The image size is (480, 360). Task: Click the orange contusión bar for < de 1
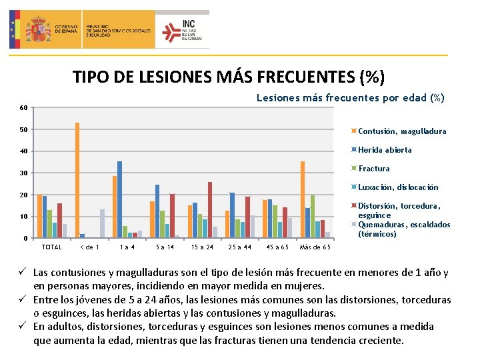point(77,180)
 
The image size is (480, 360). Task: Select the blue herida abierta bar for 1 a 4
point(119,199)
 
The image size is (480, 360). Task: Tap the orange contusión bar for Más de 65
point(302,199)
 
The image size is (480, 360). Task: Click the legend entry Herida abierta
point(385,150)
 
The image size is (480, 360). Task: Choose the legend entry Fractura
point(374,169)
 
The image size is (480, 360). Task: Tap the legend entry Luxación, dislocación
point(398,187)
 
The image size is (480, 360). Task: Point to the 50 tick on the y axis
point(23,129)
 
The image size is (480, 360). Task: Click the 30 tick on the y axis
point(23,173)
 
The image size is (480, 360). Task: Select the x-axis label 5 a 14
point(165,247)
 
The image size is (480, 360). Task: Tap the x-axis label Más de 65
point(315,247)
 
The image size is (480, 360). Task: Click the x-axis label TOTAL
point(51,247)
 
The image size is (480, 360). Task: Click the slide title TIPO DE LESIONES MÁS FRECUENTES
point(229,77)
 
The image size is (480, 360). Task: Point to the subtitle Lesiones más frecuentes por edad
point(350,98)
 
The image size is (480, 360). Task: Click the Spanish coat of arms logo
point(41,29)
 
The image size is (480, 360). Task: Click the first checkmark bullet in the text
point(25,273)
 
